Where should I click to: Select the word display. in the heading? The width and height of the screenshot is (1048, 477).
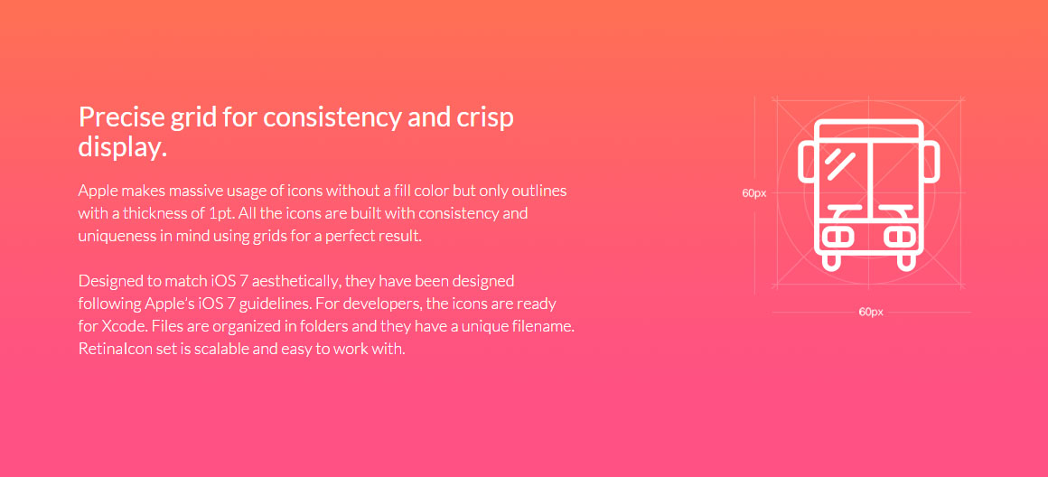click(x=122, y=148)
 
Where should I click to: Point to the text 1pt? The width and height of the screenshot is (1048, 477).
click(x=222, y=214)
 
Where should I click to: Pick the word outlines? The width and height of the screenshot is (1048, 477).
click(x=538, y=191)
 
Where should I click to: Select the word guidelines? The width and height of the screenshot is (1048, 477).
click(x=275, y=304)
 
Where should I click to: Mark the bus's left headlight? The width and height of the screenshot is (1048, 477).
click(x=838, y=237)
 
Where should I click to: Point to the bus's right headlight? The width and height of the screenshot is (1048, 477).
click(x=900, y=237)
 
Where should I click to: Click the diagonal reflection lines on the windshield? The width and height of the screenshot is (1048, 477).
click(x=839, y=164)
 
